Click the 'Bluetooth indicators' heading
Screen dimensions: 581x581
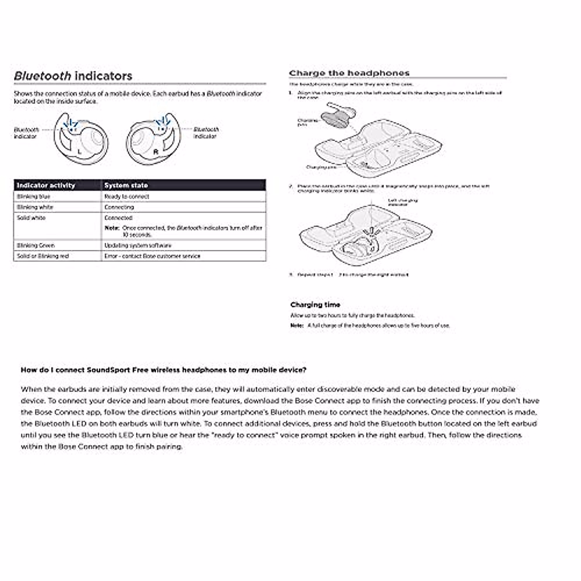coord(73,76)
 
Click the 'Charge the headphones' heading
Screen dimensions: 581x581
coord(349,73)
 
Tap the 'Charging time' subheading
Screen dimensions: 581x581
coord(315,305)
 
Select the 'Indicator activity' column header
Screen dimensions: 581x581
coord(46,185)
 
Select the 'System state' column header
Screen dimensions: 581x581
coord(126,185)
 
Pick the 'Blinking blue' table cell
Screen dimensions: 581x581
coord(33,197)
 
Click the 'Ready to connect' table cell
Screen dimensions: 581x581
coord(127,197)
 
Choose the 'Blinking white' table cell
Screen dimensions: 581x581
coord(35,207)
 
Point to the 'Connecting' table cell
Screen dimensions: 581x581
coord(119,207)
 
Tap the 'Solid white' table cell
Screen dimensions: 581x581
coord(31,218)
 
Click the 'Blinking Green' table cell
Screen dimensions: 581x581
coord(36,245)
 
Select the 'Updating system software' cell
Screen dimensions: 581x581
coord(138,245)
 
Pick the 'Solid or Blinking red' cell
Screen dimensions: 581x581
coord(43,256)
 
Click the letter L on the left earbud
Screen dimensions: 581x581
coord(79,152)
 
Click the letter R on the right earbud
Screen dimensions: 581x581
coord(155,152)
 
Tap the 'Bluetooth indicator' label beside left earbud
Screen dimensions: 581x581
coord(26,133)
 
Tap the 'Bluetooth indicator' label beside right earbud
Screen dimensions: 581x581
coord(206,133)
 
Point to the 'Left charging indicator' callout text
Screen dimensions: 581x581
coord(402,202)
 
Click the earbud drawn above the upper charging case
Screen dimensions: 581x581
coord(337,115)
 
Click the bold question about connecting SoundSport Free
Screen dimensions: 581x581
coord(163,370)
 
